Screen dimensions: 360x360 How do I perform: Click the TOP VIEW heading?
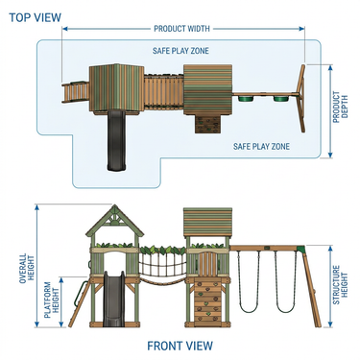pos(35,17)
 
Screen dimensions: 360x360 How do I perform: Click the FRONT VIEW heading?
pos(180,346)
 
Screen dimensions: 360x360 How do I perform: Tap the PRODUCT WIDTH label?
pos(181,29)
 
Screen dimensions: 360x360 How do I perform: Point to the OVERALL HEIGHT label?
pos(27,268)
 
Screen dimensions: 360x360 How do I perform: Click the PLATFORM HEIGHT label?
pos(52,300)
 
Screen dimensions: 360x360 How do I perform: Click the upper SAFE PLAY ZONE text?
pos(180,51)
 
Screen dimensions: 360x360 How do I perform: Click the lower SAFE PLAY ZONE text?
pos(261,147)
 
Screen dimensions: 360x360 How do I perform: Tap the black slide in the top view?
pos(115,140)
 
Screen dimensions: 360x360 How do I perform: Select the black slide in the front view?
pos(114,299)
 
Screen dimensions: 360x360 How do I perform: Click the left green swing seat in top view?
pos(246,98)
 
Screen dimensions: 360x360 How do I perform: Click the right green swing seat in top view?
pos(281,98)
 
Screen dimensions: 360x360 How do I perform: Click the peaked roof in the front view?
pos(114,221)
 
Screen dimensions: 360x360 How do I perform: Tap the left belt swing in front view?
pos(249,281)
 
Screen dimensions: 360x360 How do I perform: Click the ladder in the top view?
pos(75,93)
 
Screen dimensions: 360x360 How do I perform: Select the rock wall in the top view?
pos(207,125)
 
